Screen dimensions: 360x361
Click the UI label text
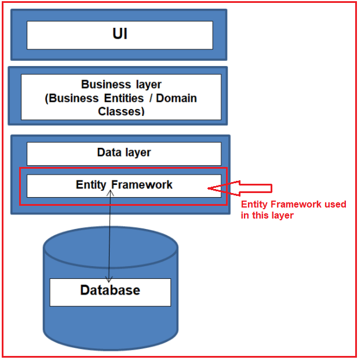coord(120,34)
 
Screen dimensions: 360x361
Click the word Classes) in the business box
coord(121,111)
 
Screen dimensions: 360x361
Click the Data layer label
coord(123,152)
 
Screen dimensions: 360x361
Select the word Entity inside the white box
coord(92,185)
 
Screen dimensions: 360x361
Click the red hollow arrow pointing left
coord(243,188)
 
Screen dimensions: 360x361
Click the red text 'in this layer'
coord(267,216)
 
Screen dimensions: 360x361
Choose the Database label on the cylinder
coord(110,290)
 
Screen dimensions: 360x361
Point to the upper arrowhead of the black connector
coord(110,192)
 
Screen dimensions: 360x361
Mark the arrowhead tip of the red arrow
coord(209,188)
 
